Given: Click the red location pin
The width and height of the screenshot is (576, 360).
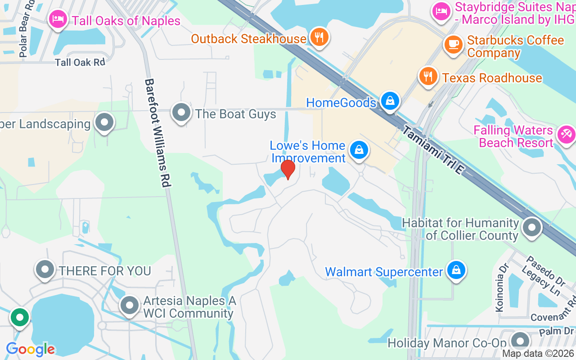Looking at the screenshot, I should pyautogui.click(x=288, y=170).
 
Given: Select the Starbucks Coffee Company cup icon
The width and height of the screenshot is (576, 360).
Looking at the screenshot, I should pyautogui.click(x=454, y=44).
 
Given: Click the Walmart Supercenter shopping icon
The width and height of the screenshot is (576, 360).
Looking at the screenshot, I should pyautogui.click(x=456, y=270).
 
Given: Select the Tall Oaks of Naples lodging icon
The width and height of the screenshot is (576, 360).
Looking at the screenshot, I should pyautogui.click(x=58, y=19).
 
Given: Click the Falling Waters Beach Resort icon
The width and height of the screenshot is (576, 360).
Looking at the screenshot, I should pyautogui.click(x=566, y=134).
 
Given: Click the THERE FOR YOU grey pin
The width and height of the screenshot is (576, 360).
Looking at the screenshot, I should pyautogui.click(x=45, y=269).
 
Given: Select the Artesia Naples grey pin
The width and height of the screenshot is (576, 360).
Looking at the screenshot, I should pyautogui.click(x=130, y=305).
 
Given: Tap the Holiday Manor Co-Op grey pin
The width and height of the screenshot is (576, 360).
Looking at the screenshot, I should pyautogui.click(x=520, y=341).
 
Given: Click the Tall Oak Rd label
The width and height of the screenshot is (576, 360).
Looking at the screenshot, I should pyautogui.click(x=80, y=62).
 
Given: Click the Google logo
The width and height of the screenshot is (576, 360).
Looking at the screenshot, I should pyautogui.click(x=30, y=349).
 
